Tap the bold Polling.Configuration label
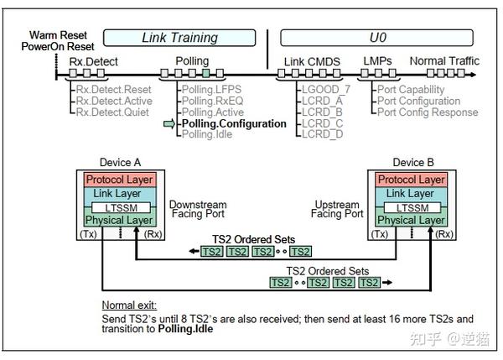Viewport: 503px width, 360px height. pyautogui.click(x=234, y=124)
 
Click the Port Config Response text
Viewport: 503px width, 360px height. pyautogui.click(x=427, y=112)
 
